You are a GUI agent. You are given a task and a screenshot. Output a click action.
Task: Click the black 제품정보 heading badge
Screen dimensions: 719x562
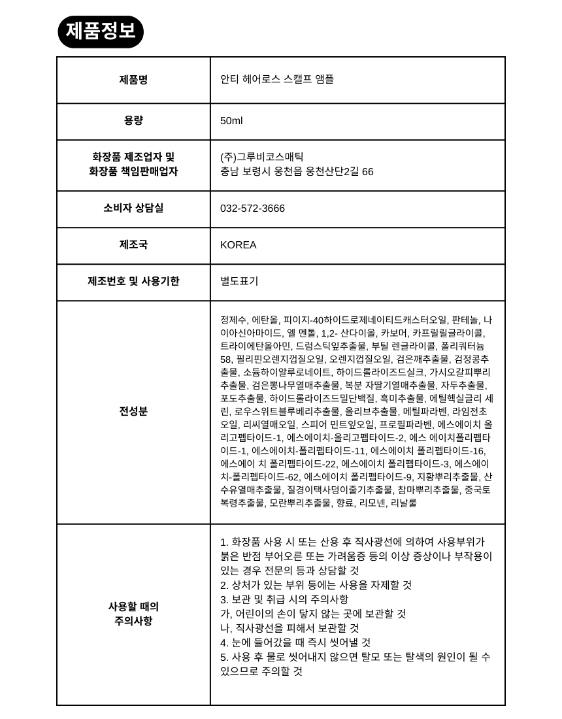(x=101, y=31)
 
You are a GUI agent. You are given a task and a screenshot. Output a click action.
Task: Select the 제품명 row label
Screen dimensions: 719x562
(x=133, y=80)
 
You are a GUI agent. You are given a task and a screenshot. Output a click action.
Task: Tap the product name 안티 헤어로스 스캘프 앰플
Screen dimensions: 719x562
(x=277, y=79)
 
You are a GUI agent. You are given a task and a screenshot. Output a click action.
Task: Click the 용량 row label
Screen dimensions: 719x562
(x=133, y=121)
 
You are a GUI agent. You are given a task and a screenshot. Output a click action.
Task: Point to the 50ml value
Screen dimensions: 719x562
(x=231, y=121)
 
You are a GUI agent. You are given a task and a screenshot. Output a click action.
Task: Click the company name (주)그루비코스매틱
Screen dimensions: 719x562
(x=262, y=157)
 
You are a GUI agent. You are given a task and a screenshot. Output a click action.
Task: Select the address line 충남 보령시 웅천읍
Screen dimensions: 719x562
(x=297, y=172)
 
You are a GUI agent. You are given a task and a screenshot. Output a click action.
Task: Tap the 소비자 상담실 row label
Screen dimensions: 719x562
(x=133, y=208)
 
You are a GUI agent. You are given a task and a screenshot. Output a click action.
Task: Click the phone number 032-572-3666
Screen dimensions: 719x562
(x=252, y=209)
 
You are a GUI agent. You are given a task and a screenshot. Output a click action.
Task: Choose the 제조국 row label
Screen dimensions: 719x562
(x=133, y=244)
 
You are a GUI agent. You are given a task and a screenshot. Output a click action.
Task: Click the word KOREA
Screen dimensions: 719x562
(x=239, y=245)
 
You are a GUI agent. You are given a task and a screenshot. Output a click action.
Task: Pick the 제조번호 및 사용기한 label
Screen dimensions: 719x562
(x=133, y=281)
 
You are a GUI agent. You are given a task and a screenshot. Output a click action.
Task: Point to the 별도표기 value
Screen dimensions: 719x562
(x=239, y=281)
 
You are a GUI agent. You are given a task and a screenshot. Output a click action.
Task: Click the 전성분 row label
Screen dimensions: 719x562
(x=133, y=411)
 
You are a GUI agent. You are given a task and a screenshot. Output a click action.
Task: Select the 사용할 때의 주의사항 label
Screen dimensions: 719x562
(x=133, y=614)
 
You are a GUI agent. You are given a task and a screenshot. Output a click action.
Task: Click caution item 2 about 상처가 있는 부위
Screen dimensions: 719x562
(x=316, y=585)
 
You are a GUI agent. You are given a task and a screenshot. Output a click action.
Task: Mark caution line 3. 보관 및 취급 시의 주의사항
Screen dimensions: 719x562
(x=284, y=599)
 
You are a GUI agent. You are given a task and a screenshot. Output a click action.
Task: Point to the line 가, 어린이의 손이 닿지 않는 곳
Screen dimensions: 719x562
(x=313, y=614)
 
